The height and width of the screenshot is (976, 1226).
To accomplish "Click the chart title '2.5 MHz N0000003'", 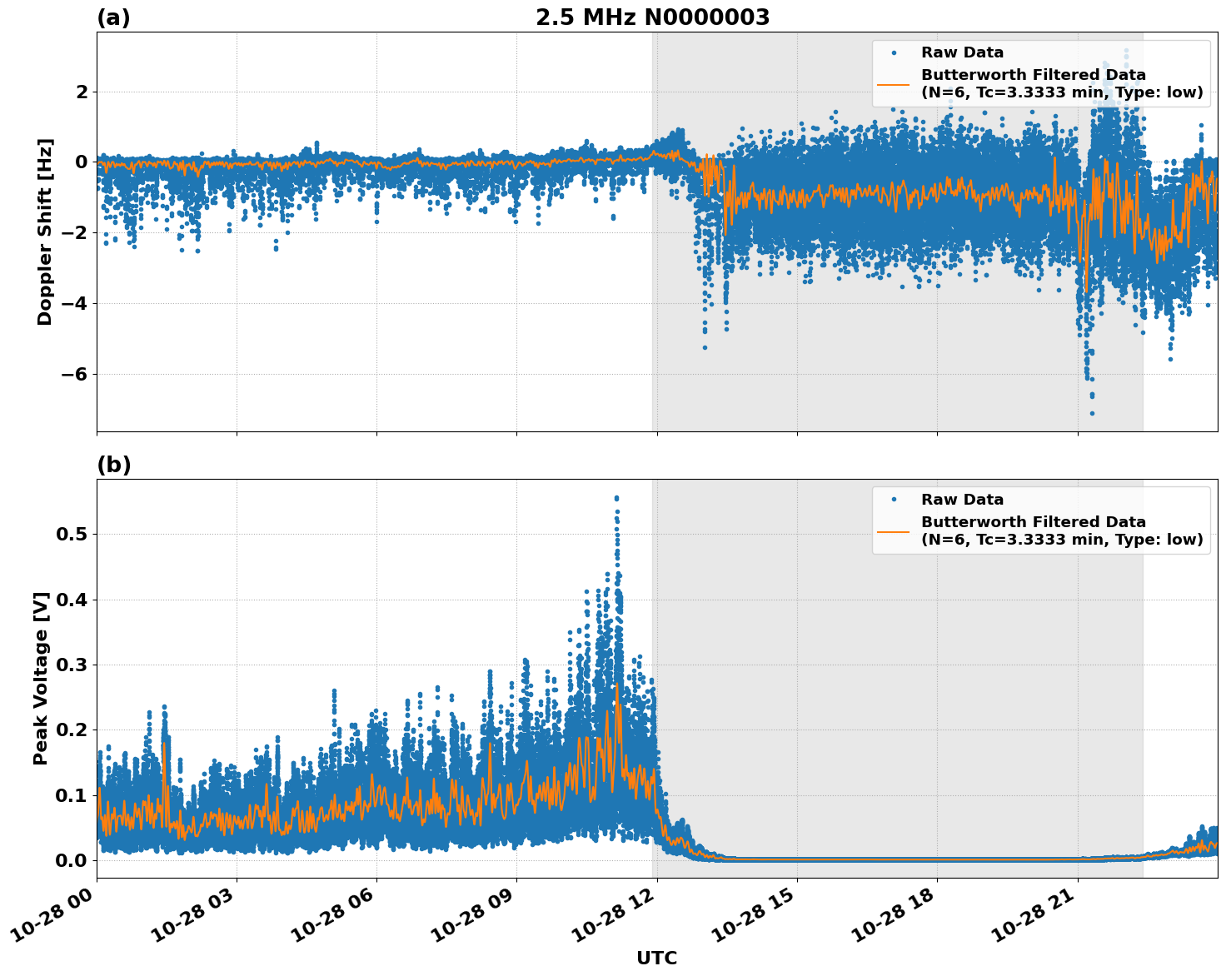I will [652, 17].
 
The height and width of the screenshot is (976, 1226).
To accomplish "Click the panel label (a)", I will [113, 17].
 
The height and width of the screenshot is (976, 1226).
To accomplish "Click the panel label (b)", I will [113, 465].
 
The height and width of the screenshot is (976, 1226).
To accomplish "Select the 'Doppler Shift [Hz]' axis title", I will [45, 232].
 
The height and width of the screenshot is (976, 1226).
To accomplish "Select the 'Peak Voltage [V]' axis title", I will [41, 678].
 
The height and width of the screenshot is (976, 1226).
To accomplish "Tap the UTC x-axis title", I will [656, 958].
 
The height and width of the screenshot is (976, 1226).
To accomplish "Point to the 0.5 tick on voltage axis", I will [71, 534].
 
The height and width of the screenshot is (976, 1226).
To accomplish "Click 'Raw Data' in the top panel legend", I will [962, 52].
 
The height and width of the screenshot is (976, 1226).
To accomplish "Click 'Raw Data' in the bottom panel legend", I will [962, 500].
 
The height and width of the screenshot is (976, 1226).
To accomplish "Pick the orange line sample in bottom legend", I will [894, 530].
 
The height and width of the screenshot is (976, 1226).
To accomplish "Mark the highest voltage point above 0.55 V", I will [616, 498].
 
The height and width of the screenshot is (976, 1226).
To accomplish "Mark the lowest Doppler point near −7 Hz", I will [1092, 413].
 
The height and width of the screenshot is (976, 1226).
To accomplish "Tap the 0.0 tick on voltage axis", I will [71, 860].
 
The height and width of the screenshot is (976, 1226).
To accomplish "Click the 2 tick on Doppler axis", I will [82, 92].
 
